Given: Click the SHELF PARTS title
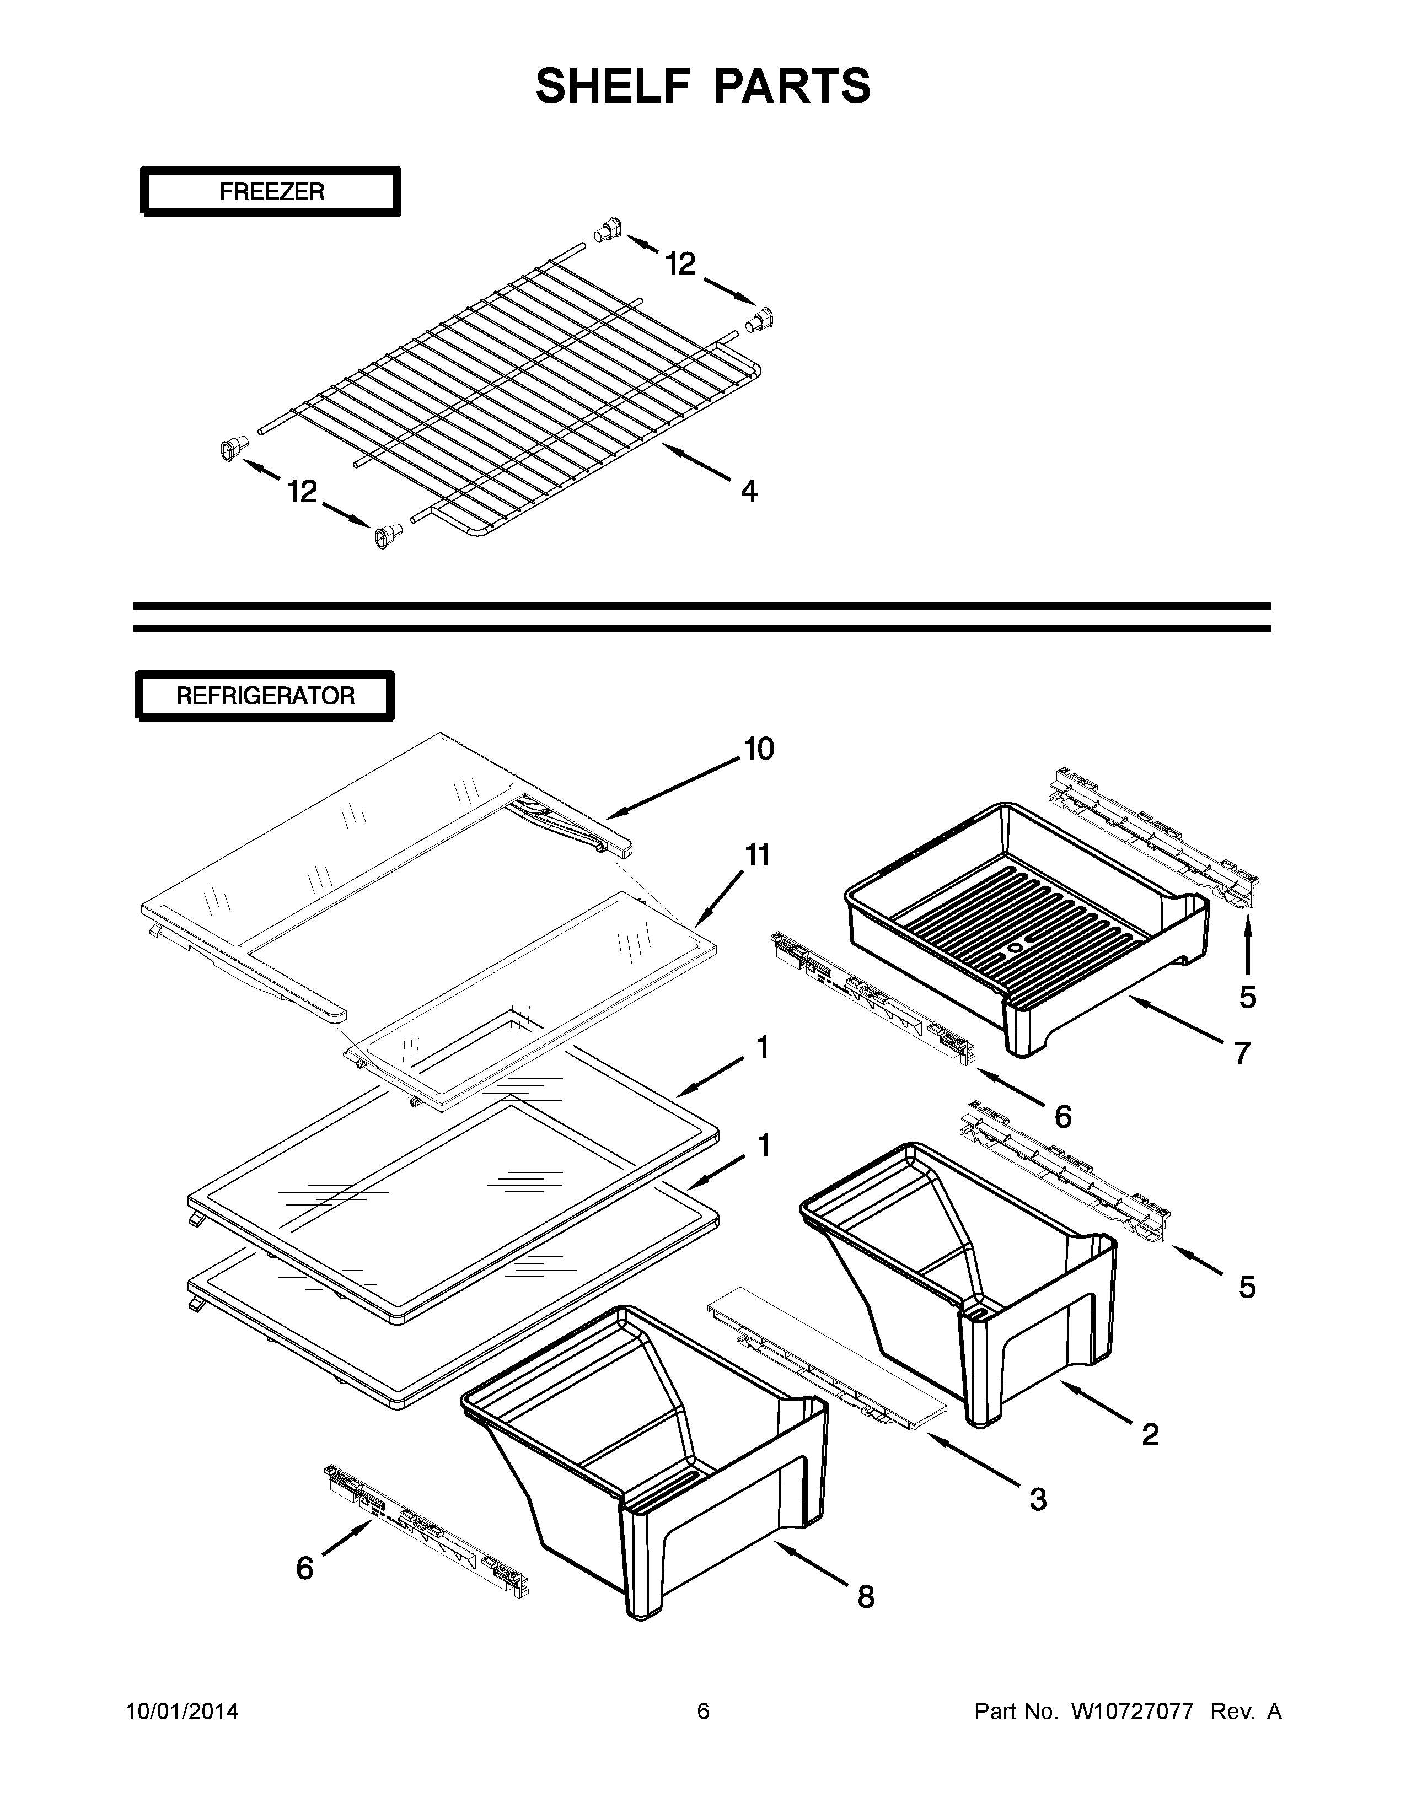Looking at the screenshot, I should point(703,86).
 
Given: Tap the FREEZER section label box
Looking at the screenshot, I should point(271,192).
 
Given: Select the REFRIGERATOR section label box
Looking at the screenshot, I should point(265,696).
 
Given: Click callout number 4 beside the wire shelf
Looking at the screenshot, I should point(749,491).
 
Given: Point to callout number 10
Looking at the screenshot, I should point(758,750).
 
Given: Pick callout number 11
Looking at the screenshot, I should point(756,855).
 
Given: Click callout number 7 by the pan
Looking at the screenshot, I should point(1241,1053).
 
